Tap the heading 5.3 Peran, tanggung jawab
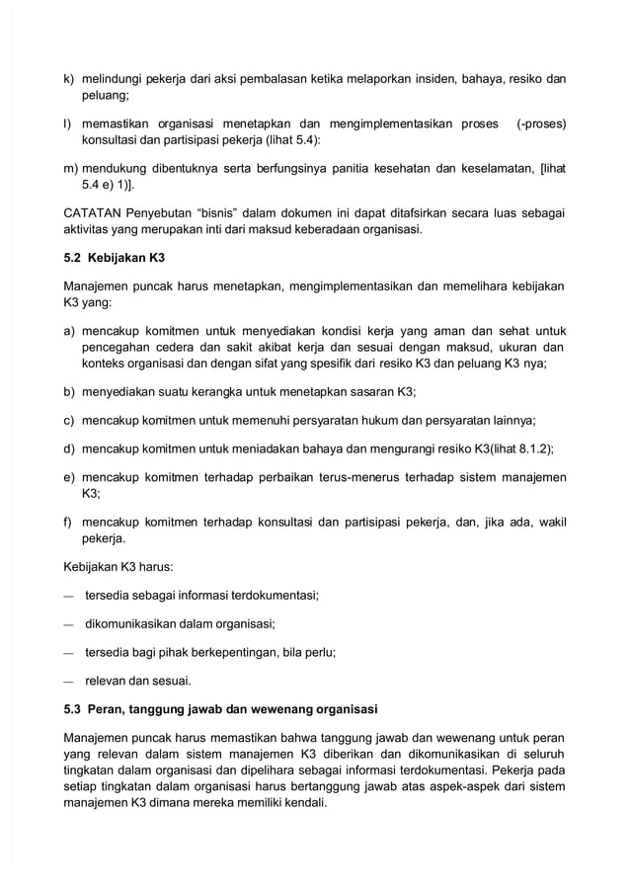220,709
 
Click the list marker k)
69,78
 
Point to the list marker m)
71,169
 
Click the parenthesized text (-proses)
541,123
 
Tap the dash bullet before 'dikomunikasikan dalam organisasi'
68,624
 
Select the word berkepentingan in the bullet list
251,652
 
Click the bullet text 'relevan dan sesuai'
138,681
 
